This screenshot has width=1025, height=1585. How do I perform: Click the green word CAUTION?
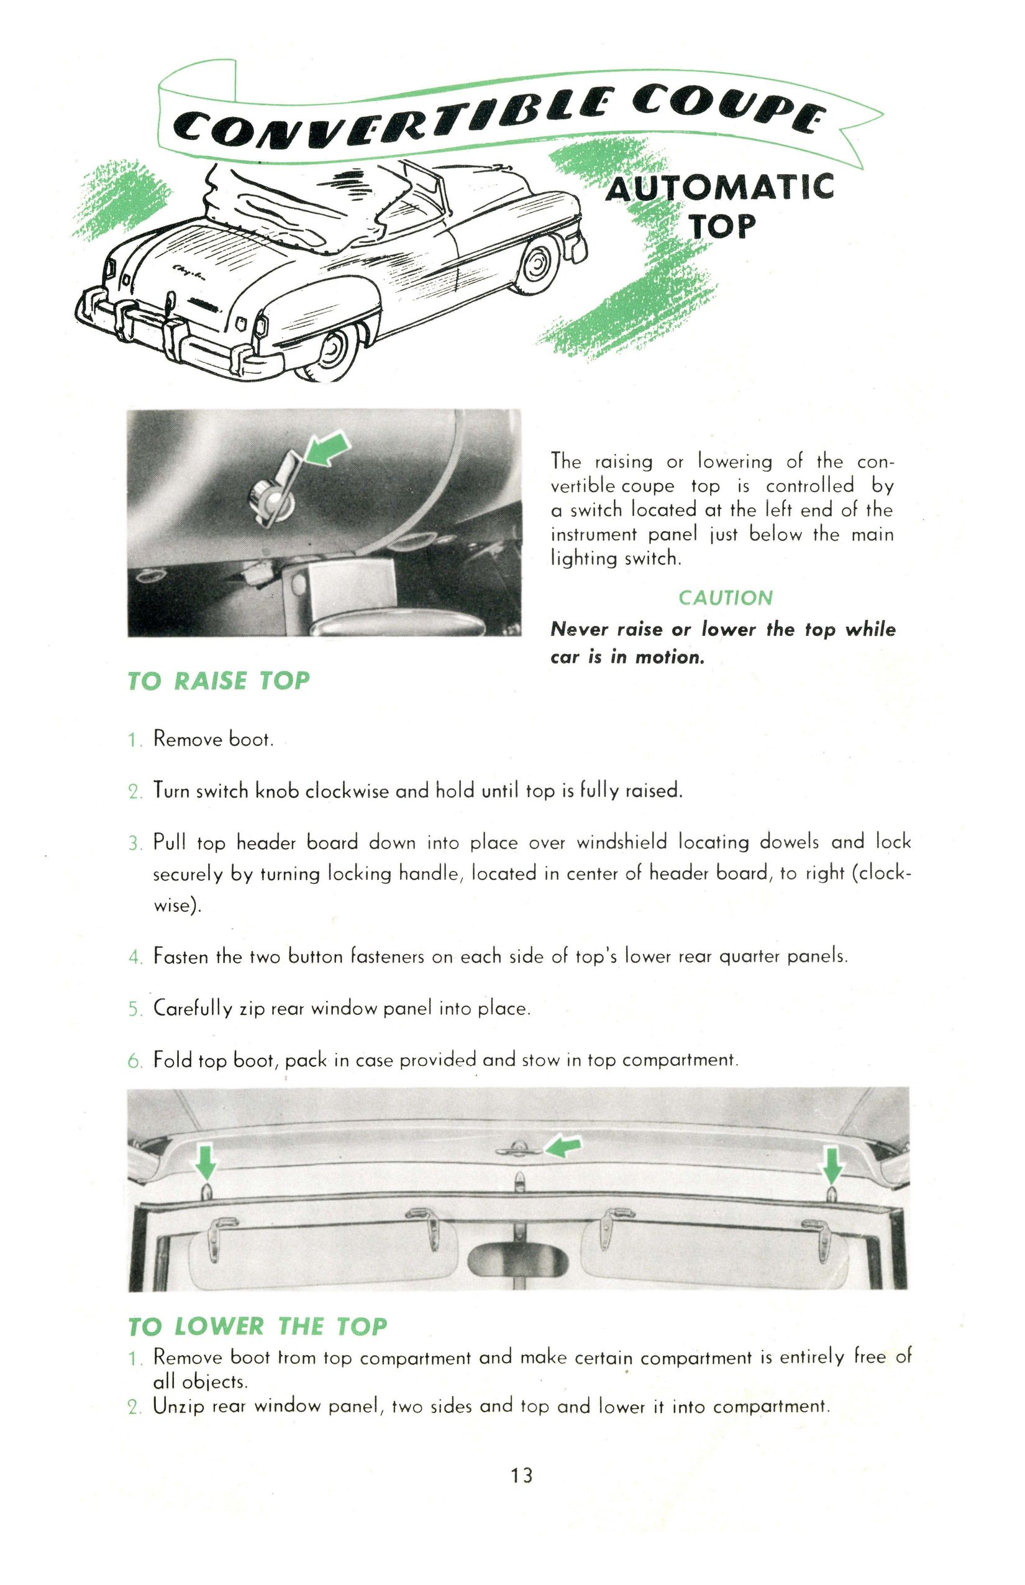coord(725,597)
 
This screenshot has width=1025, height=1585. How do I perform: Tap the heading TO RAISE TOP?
coord(218,681)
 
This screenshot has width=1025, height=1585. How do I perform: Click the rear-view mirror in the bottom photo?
coord(519,1257)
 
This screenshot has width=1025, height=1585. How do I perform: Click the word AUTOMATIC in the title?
coord(719,187)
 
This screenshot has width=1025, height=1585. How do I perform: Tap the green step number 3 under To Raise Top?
coord(134,845)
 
